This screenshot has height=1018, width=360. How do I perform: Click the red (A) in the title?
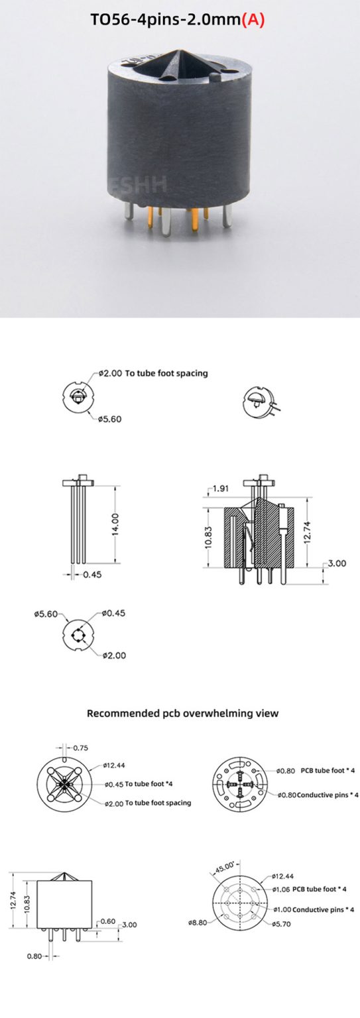point(252,20)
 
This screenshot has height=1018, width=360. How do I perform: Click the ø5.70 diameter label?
point(283,923)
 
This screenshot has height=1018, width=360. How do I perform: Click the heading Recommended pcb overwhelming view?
point(183,714)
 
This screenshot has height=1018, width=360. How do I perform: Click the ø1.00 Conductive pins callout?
point(312,909)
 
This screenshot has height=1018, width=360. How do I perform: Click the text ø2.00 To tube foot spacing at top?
point(153,373)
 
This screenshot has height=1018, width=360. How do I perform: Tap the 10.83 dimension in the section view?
point(209,537)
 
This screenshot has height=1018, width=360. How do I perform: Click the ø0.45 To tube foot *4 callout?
point(143,784)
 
